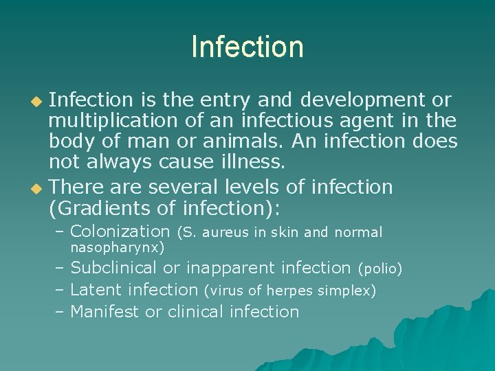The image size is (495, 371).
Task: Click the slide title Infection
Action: click(x=247, y=47)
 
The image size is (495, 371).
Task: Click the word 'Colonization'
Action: click(x=120, y=232)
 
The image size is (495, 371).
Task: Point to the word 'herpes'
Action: click(x=292, y=291)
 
